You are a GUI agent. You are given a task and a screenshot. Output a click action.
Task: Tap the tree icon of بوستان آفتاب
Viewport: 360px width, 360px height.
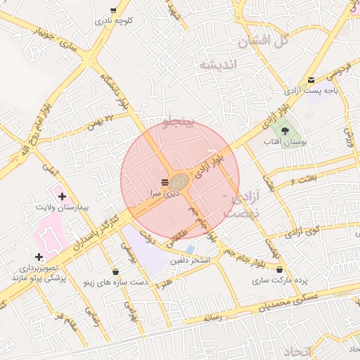(284, 131)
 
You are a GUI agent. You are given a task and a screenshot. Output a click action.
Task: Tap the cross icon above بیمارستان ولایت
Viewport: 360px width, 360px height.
(62, 196)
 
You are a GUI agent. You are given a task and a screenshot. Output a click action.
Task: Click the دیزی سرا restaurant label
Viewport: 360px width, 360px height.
(165, 191)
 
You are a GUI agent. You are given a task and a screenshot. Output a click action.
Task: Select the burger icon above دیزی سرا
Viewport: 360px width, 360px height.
(165, 181)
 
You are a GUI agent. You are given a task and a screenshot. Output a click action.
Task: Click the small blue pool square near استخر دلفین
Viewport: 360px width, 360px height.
(190, 250)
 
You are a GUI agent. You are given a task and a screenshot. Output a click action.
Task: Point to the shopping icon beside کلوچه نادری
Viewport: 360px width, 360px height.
(113, 11)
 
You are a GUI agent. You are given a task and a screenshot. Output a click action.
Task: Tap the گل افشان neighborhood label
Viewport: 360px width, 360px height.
(264, 41)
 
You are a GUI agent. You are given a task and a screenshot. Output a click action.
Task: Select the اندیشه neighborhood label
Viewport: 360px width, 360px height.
(219, 65)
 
